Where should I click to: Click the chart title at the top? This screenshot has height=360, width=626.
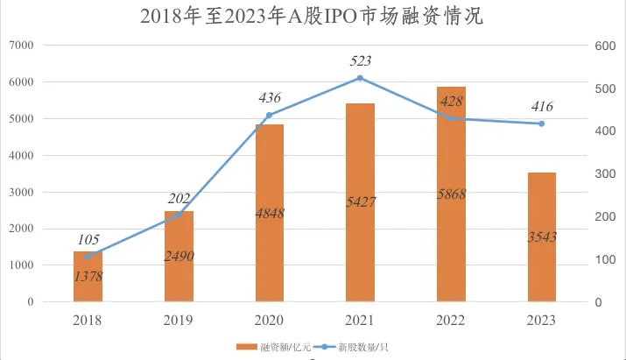pyautogui.click(x=312, y=17)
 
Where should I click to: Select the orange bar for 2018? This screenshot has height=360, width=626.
pyautogui.click(x=88, y=277)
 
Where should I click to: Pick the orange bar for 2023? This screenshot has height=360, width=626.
pyautogui.click(x=542, y=237)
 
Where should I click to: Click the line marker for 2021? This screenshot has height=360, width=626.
pyautogui.click(x=360, y=78)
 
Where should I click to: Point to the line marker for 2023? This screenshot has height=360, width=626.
pyautogui.click(x=542, y=124)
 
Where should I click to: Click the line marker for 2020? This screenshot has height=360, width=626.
pyautogui.click(x=270, y=115)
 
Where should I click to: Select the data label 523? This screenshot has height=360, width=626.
pyautogui.click(x=360, y=60)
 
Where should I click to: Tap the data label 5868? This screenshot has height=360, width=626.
pyautogui.click(x=451, y=194)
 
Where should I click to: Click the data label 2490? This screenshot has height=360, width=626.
pyautogui.click(x=179, y=256)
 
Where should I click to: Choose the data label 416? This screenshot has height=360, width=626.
pyautogui.click(x=542, y=107)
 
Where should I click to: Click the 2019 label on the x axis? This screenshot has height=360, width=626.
pyautogui.click(x=179, y=320)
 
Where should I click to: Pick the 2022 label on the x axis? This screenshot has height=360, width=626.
pyautogui.click(x=451, y=320)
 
